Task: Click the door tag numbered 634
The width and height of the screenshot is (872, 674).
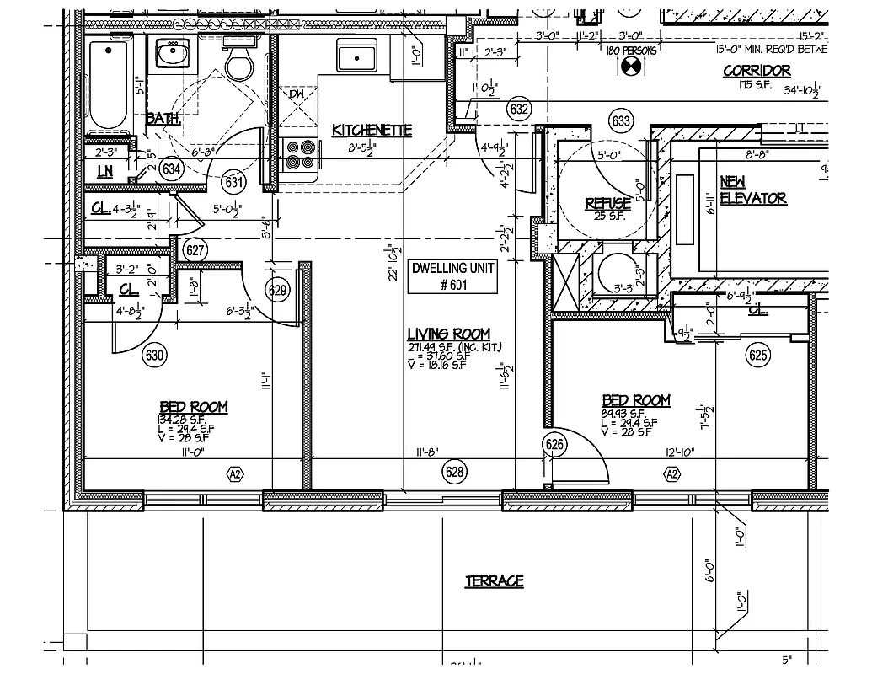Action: (172, 169)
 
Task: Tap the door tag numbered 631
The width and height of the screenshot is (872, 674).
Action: (234, 182)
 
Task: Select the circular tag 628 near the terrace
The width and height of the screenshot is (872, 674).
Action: (455, 473)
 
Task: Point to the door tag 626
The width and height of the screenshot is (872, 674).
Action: (554, 445)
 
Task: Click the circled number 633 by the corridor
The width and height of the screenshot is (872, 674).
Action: (621, 121)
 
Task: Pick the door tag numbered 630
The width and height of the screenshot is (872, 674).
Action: (154, 354)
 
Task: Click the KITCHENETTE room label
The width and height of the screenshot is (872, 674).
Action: (372, 130)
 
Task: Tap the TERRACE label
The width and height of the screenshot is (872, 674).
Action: (495, 581)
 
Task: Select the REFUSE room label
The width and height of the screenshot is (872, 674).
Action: (608, 203)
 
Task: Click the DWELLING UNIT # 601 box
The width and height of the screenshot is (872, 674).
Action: (452, 276)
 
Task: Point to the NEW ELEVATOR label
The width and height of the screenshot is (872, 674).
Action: (752, 190)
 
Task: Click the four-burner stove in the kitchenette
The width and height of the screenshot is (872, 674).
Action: (299, 155)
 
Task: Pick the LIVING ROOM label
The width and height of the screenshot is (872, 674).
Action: (448, 334)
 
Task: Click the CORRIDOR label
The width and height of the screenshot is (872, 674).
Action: (757, 71)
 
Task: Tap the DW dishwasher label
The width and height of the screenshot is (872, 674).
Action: (297, 94)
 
